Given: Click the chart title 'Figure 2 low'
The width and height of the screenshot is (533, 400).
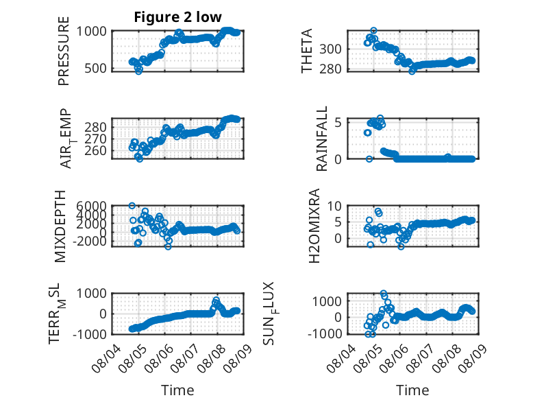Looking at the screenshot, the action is click(177, 17).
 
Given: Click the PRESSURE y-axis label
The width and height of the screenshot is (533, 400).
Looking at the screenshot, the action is click(64, 51).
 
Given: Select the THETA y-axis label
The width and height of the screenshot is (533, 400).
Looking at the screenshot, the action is click(307, 51).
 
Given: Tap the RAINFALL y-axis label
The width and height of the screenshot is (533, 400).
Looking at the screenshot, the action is click(321, 139).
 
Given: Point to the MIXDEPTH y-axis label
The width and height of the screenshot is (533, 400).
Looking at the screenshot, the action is click(60, 226).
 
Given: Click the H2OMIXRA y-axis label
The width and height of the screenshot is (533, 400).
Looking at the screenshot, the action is click(314, 226).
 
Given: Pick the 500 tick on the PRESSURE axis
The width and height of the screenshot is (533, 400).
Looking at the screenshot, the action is click(95, 68).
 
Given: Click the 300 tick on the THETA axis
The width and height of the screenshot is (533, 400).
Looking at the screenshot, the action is click(330, 49).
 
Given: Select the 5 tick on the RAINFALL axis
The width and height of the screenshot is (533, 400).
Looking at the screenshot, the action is click(338, 122).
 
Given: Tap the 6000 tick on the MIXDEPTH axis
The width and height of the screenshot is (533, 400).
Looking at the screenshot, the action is click(91, 206).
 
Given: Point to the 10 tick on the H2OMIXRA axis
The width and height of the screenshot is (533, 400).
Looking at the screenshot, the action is click(334, 206).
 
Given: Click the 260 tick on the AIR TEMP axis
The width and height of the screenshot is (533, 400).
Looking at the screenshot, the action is click(95, 150).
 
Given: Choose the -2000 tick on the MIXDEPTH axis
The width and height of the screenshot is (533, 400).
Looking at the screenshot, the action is click(89, 242).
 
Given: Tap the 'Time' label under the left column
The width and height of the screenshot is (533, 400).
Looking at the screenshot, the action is click(177, 390).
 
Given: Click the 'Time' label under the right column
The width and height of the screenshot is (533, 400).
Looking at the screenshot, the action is click(412, 390).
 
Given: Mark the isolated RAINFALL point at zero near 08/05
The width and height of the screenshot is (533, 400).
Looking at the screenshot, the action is click(369, 159).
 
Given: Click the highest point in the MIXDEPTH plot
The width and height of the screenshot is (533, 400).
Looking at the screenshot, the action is click(132, 206).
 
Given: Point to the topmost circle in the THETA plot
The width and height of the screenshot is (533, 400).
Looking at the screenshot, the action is click(373, 31).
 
